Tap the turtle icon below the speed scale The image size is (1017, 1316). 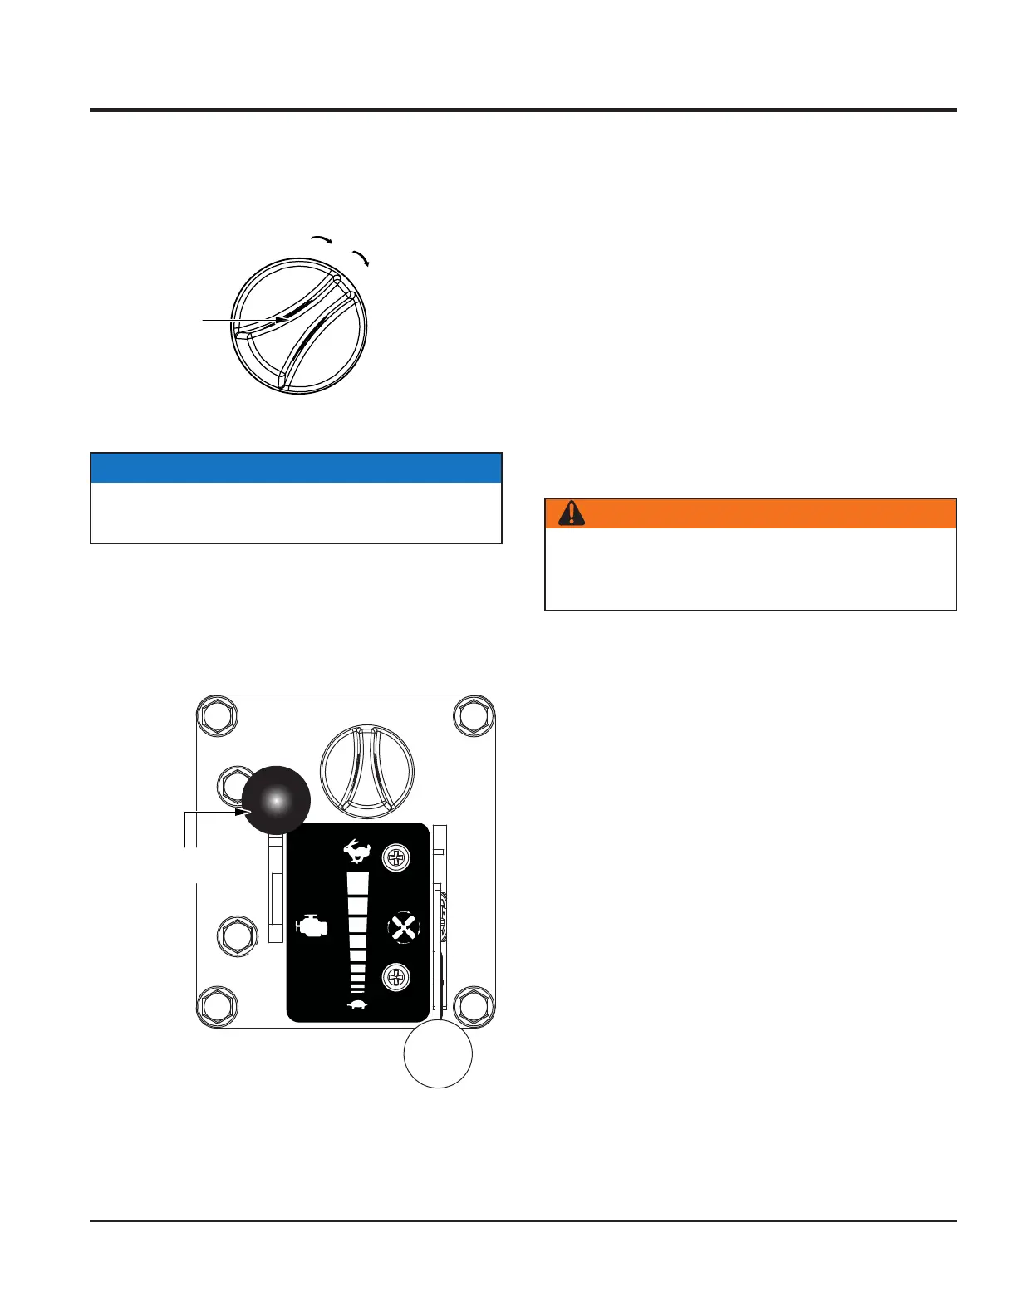(358, 1005)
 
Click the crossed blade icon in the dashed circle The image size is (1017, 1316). (405, 928)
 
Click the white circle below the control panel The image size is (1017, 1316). (438, 1053)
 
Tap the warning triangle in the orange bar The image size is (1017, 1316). (571, 513)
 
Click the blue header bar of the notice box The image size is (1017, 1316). (296, 468)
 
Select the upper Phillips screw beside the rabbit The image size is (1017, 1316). (396, 858)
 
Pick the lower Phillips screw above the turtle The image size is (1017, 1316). (396, 977)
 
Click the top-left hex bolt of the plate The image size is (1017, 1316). (217, 715)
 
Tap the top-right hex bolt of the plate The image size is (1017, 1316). (474, 715)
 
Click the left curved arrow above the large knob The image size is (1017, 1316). (322, 239)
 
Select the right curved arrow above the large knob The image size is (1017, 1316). (361, 258)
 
